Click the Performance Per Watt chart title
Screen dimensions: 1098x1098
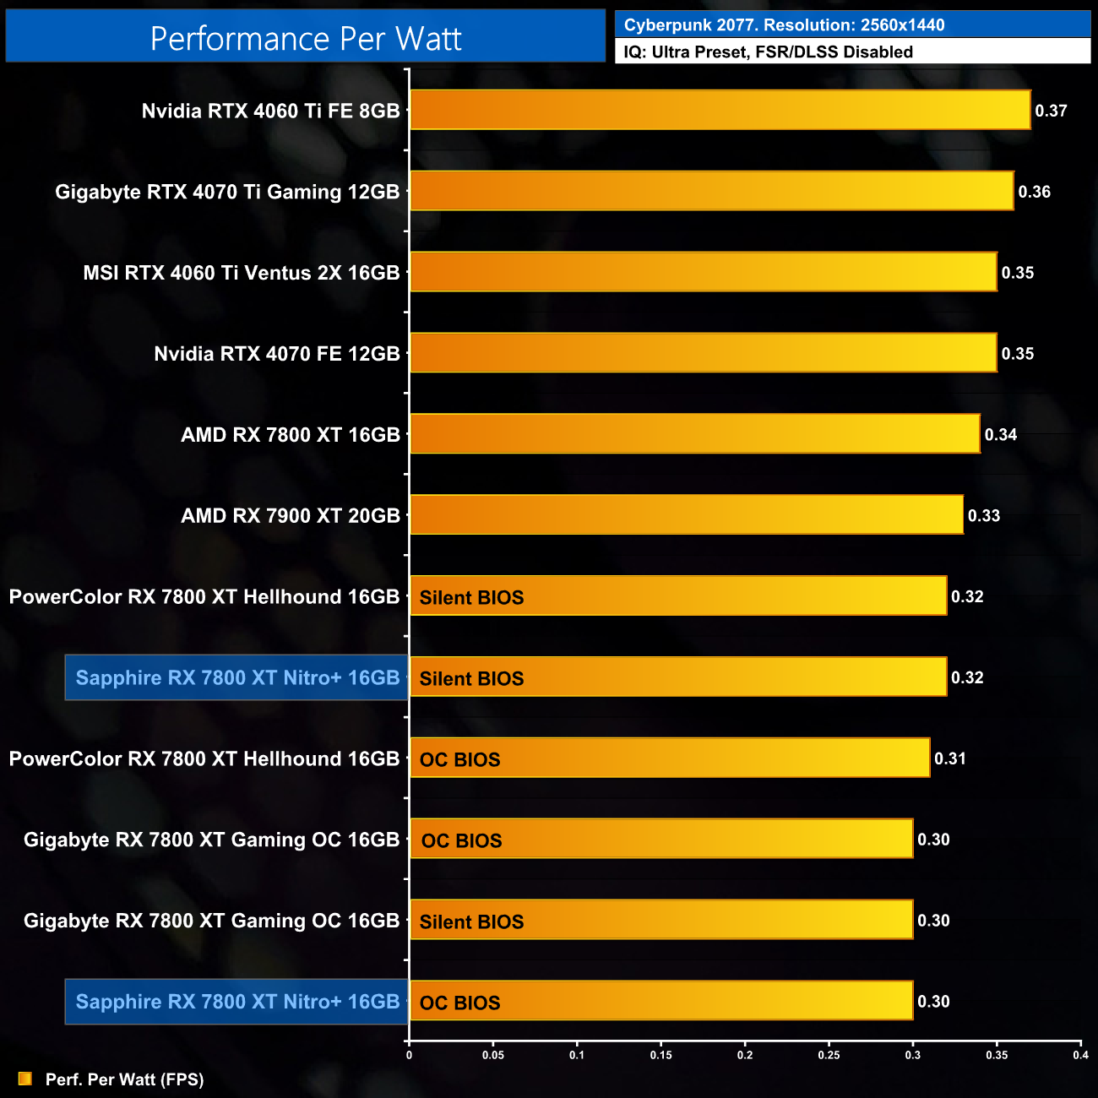(306, 39)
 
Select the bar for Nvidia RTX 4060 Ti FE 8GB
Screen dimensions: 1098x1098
(720, 110)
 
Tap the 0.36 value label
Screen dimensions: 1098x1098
(1034, 192)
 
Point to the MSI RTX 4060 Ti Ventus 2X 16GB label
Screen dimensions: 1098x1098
(241, 273)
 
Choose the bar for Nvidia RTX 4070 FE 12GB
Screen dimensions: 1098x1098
(703, 353)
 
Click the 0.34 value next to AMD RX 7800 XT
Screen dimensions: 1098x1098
(1000, 435)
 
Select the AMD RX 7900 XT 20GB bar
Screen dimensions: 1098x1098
(686, 514)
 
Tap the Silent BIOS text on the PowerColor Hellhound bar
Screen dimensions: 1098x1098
(471, 597)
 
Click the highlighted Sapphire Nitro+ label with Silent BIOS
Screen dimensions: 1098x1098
(237, 677)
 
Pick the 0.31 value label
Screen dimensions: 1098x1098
(949, 758)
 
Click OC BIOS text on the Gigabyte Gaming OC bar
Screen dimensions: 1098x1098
(461, 840)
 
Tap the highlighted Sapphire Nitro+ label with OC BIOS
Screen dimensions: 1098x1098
(237, 1002)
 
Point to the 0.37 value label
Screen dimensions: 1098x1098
(1051, 111)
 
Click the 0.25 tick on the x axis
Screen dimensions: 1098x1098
(829, 1055)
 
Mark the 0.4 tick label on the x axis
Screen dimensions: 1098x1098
(1080, 1055)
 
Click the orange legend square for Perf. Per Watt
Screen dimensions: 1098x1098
(25, 1079)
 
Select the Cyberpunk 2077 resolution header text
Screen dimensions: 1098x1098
(784, 25)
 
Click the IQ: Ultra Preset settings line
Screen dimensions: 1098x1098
(768, 52)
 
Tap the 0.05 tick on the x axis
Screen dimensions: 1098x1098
(493, 1055)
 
